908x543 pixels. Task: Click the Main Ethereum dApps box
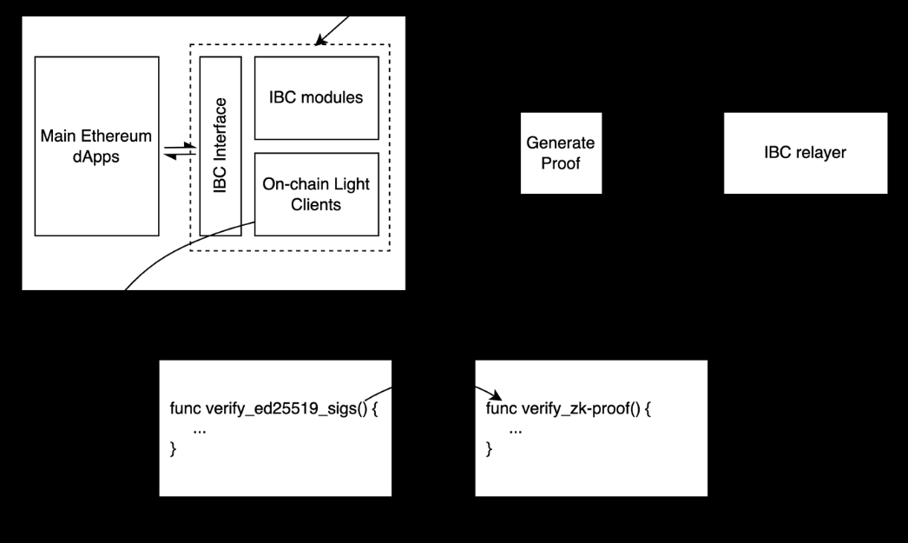(96, 145)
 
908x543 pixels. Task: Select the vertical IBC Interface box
(220, 145)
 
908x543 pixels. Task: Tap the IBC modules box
(316, 97)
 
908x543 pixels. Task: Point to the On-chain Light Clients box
(316, 194)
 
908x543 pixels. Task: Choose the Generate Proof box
(561, 152)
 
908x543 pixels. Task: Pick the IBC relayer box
(806, 153)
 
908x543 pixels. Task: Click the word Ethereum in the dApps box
(117, 136)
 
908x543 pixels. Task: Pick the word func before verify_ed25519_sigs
(185, 409)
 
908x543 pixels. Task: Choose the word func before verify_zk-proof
(501, 409)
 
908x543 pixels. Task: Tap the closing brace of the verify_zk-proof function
(490, 449)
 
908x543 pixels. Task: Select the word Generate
(561, 142)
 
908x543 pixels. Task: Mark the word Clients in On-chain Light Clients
(316, 204)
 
